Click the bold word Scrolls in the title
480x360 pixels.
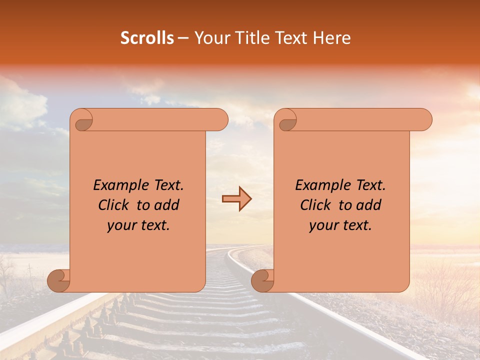point(147,38)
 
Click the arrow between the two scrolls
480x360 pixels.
point(236,199)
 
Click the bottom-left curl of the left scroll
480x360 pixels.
point(59,281)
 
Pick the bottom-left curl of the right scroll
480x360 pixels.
point(263,281)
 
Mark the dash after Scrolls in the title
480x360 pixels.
point(183,38)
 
